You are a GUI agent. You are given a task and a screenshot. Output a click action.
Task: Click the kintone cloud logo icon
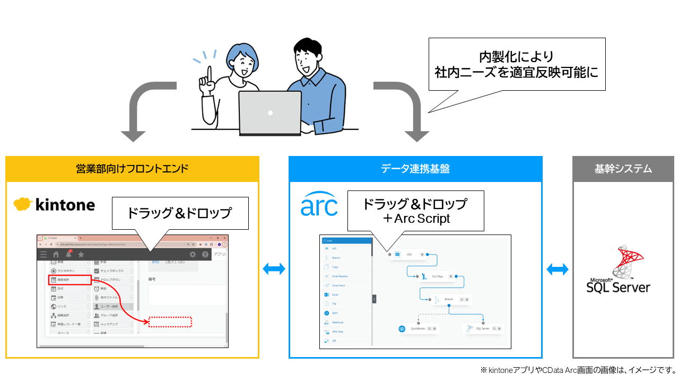(x=24, y=204)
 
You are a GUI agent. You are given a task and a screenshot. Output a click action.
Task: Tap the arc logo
(x=319, y=204)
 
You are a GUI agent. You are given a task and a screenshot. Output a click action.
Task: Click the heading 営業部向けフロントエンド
(x=132, y=169)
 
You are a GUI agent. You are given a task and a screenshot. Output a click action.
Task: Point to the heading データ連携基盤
(x=415, y=169)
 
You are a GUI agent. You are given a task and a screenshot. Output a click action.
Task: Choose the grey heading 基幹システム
(x=623, y=169)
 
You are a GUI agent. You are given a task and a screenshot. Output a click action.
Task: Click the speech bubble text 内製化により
(x=516, y=56)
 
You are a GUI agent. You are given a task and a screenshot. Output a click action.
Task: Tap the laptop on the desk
(x=270, y=112)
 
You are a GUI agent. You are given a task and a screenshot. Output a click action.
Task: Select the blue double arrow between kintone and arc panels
(x=274, y=269)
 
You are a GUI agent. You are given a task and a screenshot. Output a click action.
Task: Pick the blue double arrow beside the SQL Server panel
(x=558, y=269)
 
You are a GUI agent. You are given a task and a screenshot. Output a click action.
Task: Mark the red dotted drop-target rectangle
(x=170, y=322)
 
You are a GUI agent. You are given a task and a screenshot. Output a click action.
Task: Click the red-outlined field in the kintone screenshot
(x=69, y=279)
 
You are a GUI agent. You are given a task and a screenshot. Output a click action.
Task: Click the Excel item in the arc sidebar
(x=335, y=294)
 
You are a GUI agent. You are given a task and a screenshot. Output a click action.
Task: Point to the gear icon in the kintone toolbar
(x=193, y=255)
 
